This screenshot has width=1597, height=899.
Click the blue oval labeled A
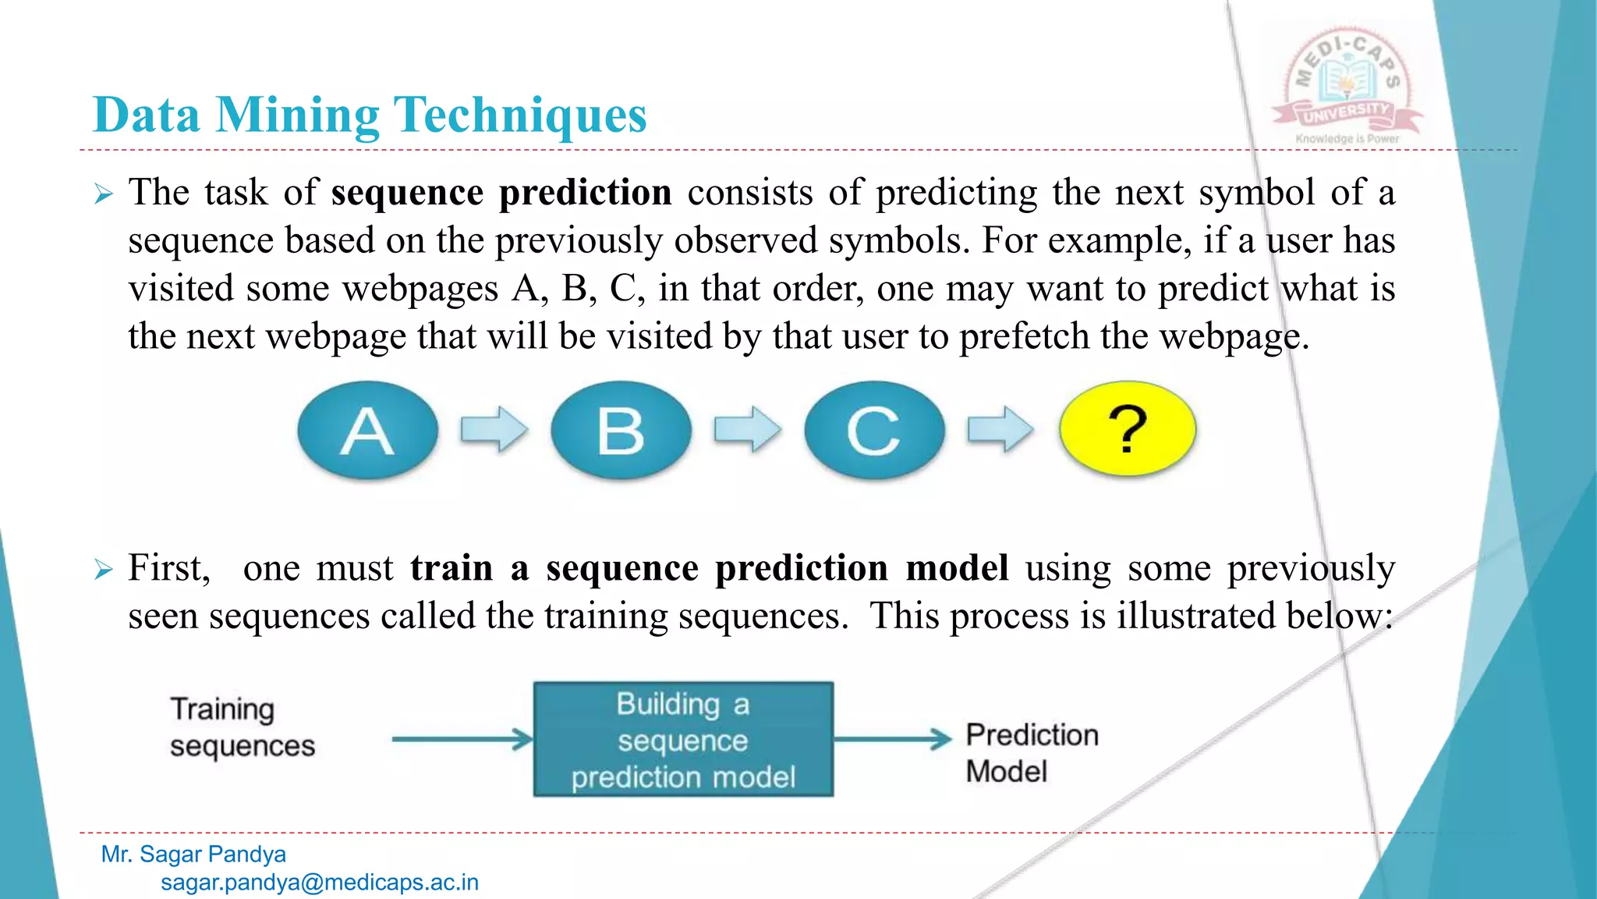[367, 430]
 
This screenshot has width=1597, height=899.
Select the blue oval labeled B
[621, 430]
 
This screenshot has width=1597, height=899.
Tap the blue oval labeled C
[874, 430]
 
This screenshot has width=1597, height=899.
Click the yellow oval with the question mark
[1128, 429]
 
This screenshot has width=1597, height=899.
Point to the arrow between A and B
[494, 429]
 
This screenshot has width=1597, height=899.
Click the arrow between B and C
[747, 429]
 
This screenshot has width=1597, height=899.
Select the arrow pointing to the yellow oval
[1000, 429]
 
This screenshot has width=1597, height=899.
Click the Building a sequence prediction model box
[683, 739]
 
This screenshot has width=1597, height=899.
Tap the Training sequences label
[242, 727]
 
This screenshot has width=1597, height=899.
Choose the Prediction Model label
[1031, 753]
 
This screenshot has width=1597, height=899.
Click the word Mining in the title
[297, 115]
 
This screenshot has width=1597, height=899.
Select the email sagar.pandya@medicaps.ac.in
[319, 883]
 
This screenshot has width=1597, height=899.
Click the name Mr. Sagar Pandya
[193, 855]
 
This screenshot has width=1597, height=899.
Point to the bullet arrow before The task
[104, 194]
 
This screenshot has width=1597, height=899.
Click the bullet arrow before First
[104, 569]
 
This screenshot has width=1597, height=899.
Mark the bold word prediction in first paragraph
[585, 193]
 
